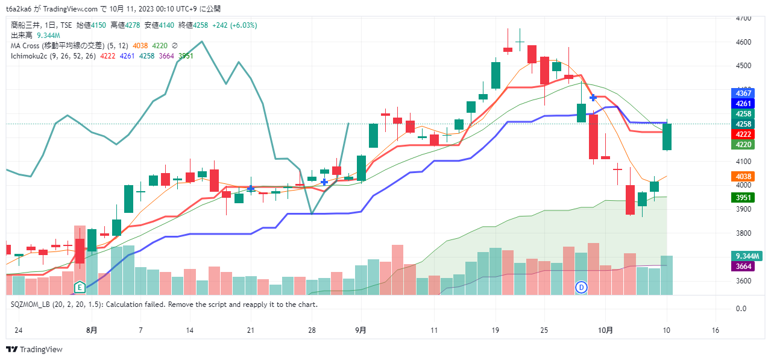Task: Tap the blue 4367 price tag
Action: (x=742, y=93)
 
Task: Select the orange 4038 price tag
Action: (x=742, y=177)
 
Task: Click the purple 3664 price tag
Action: (x=742, y=266)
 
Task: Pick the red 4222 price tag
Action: (x=742, y=134)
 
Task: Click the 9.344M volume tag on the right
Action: (x=746, y=256)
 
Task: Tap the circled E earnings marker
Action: (x=79, y=286)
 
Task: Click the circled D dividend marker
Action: (x=581, y=287)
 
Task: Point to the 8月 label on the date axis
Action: (x=92, y=330)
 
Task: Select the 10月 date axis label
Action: (x=606, y=330)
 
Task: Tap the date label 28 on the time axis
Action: (x=312, y=330)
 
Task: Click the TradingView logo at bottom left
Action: (x=34, y=349)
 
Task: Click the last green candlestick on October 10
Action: (x=667, y=137)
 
